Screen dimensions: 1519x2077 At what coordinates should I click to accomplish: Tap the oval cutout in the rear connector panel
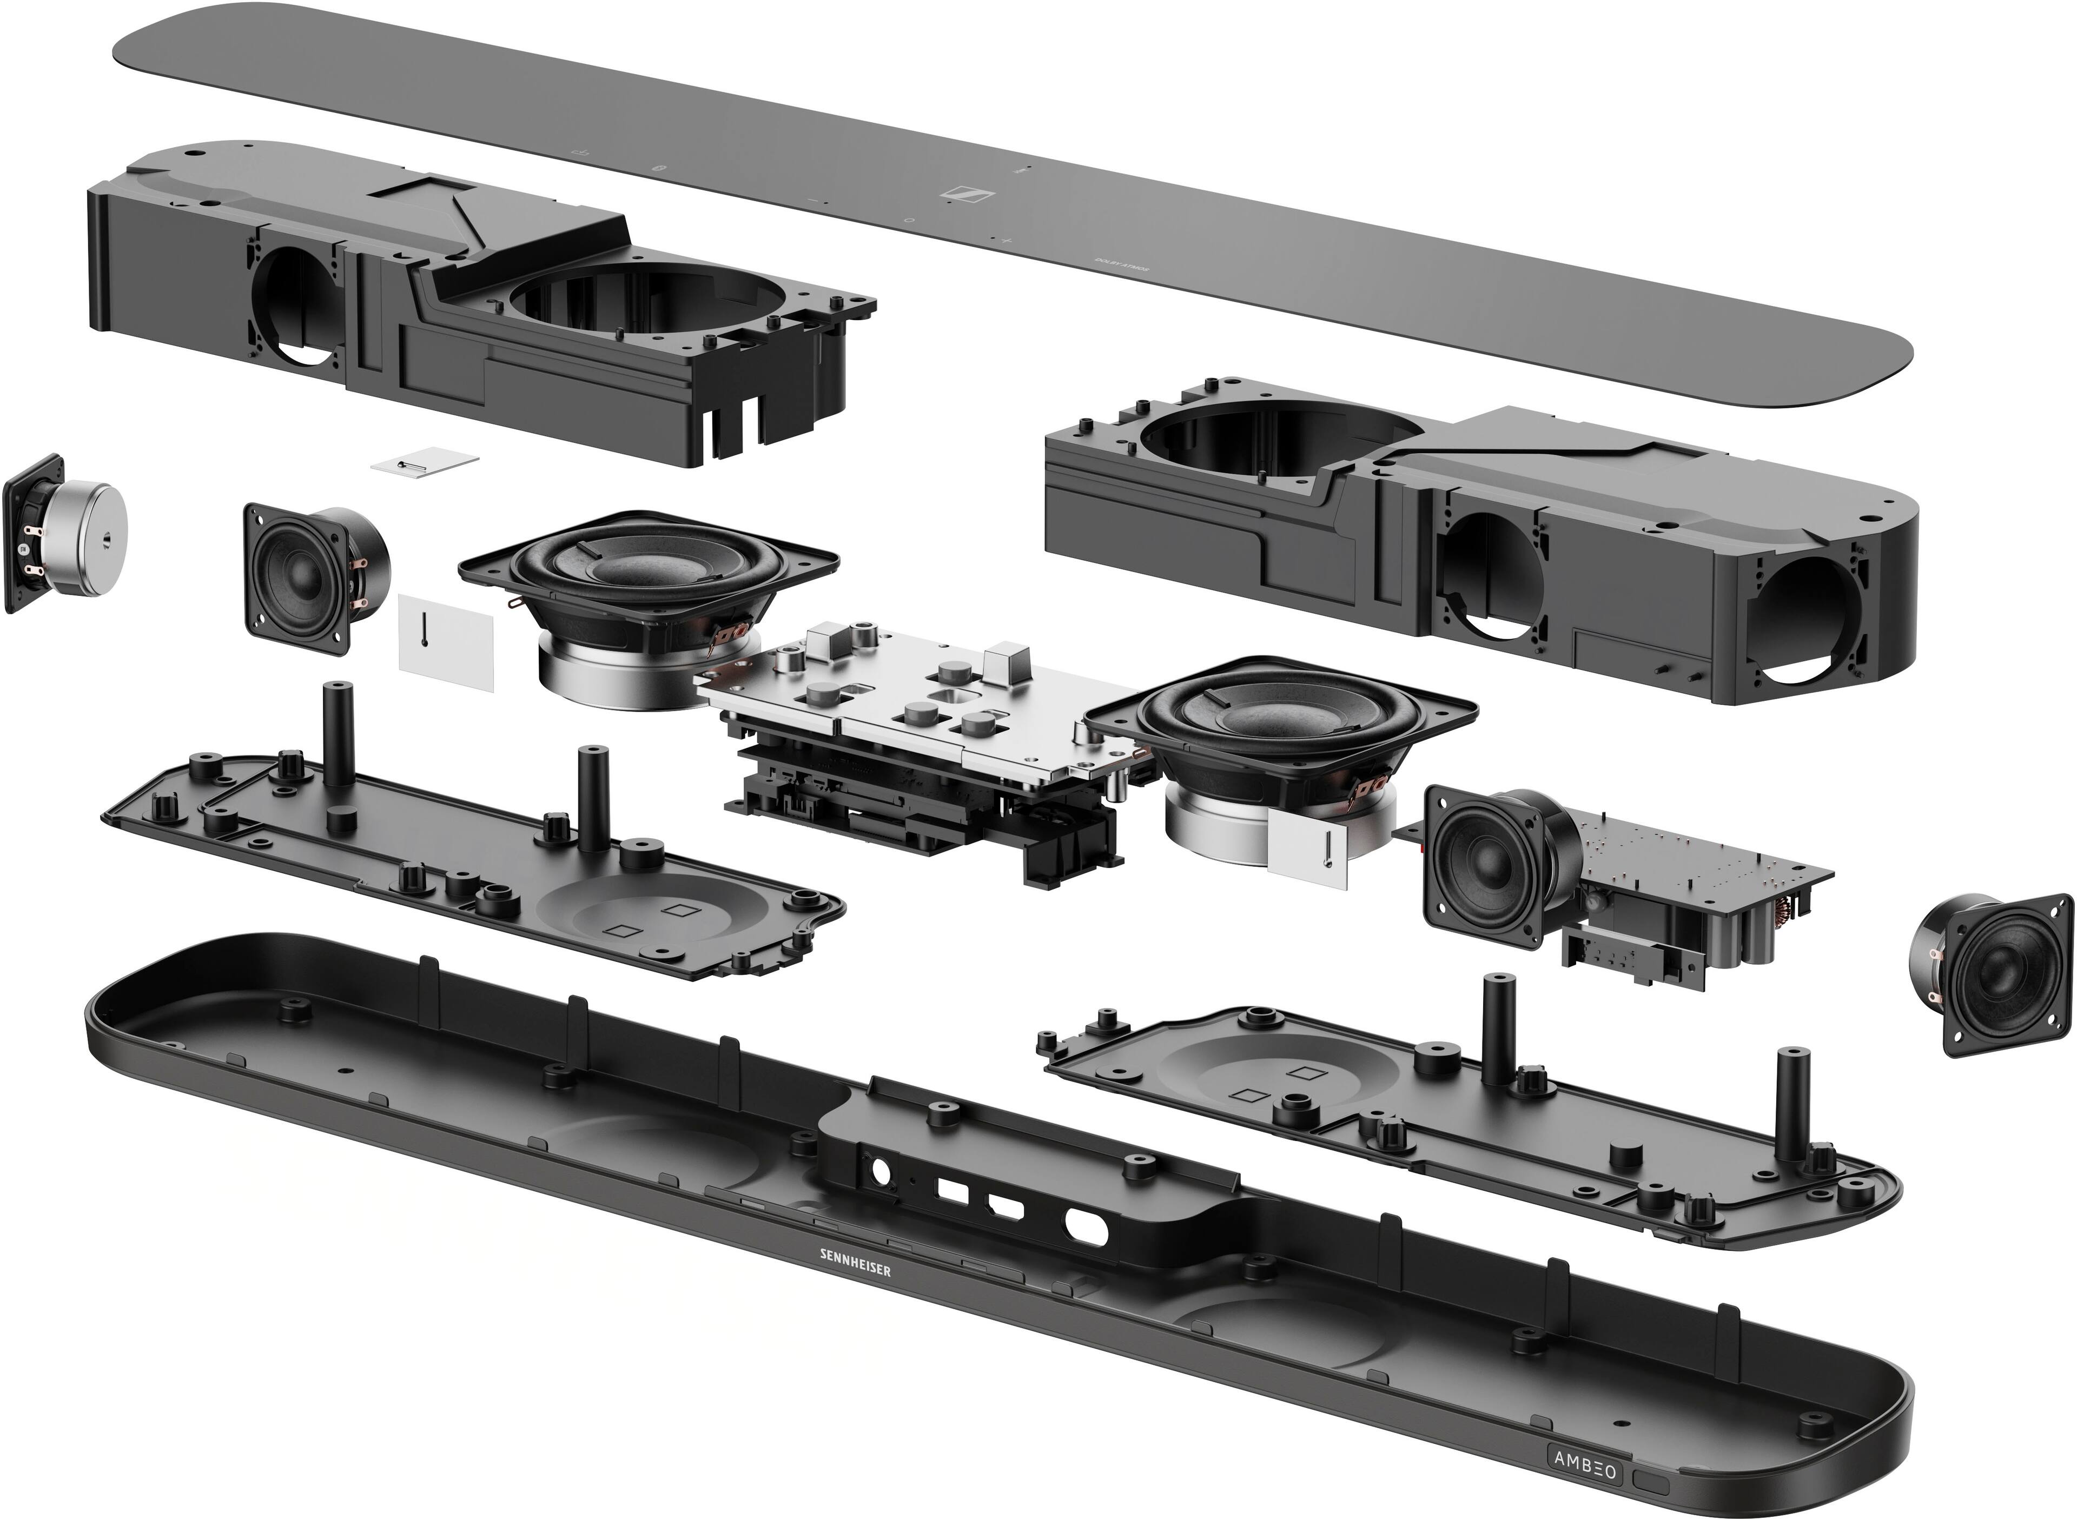1087,1226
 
